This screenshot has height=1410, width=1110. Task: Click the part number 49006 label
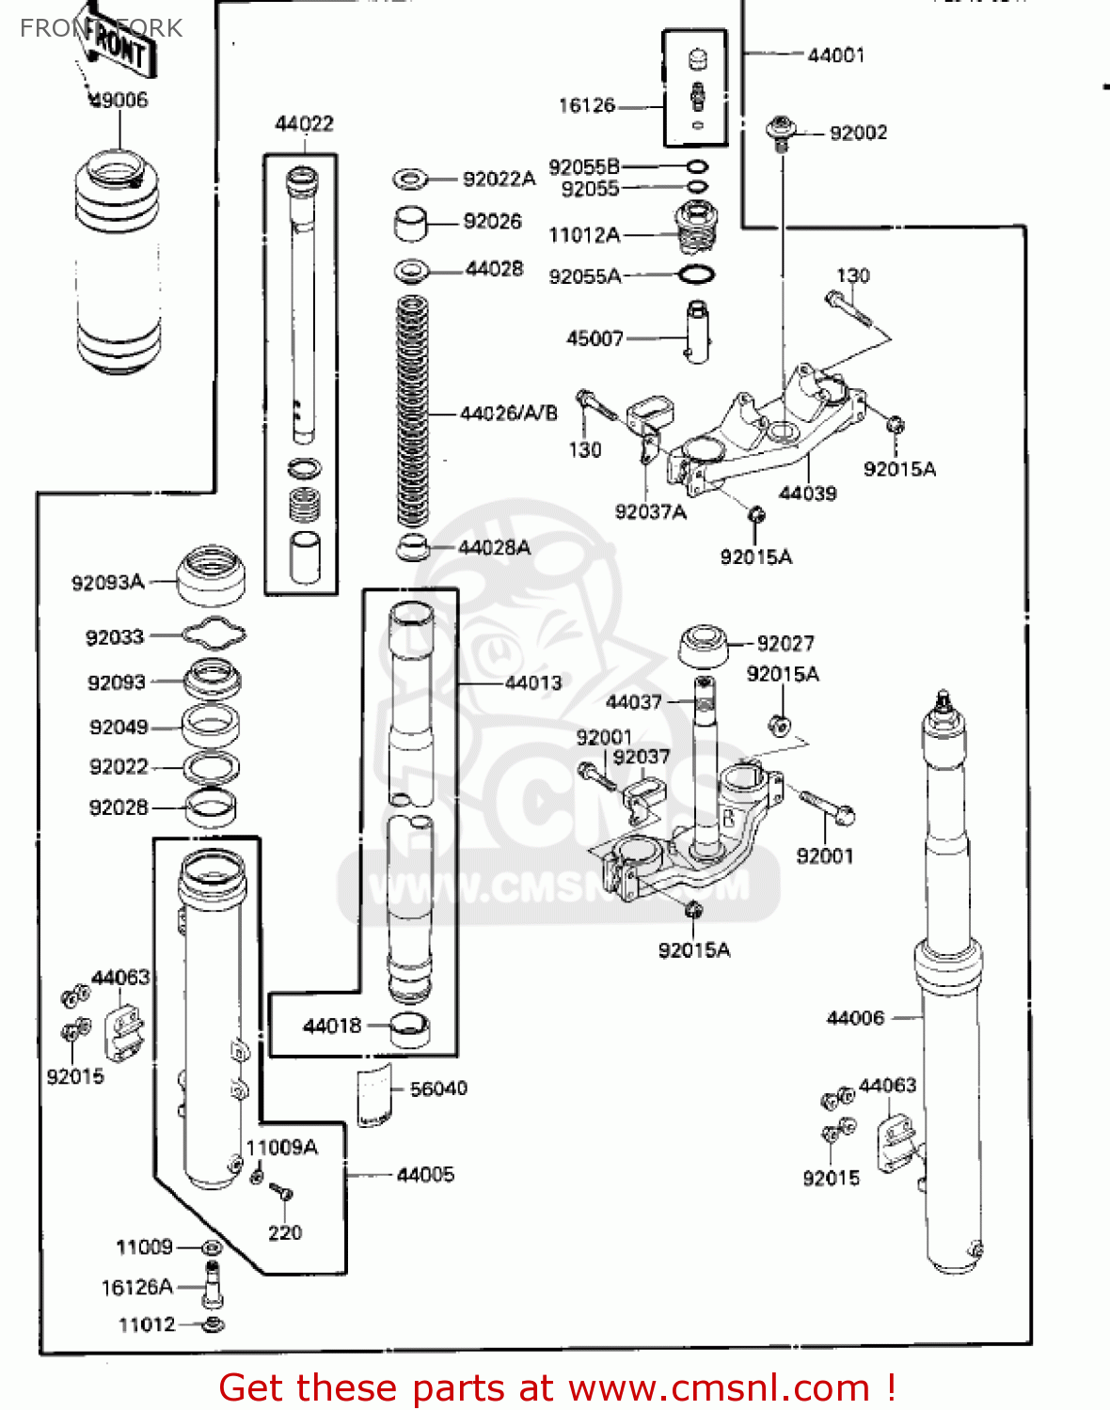119,100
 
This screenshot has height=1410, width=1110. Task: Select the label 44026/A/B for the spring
508,413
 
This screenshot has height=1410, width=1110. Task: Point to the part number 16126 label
586,105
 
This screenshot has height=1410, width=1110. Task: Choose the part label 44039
807,493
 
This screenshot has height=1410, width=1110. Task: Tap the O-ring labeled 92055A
696,275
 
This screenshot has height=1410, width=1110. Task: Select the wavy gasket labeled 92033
214,635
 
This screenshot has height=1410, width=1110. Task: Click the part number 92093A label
107,583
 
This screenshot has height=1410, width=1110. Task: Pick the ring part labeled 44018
410,1029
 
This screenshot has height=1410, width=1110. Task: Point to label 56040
438,1089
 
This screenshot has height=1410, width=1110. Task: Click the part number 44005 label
425,1174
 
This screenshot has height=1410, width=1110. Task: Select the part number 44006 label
855,1018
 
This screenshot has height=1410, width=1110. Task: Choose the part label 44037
633,702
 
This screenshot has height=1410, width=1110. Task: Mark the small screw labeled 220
281,1193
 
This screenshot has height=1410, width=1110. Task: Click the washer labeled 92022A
409,179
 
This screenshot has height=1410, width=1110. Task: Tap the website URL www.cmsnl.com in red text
720,1387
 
